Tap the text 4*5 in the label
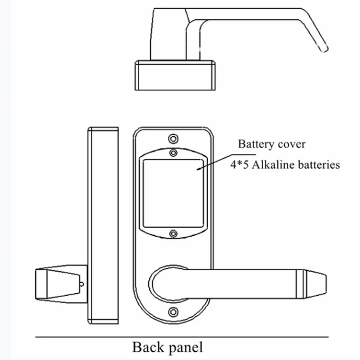(x=238, y=165)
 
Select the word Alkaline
(x=270, y=165)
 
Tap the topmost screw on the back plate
(x=173, y=138)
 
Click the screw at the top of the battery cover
(x=173, y=153)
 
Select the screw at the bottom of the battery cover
(x=173, y=234)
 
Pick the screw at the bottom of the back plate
(x=173, y=311)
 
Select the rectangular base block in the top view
(x=176, y=76)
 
